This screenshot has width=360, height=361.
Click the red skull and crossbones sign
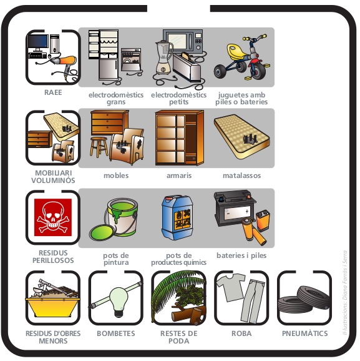[x=53, y=217]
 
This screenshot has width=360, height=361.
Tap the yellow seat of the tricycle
[x=237, y=51]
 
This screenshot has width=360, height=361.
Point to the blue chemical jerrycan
[x=177, y=217]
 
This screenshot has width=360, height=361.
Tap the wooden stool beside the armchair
[x=99, y=147]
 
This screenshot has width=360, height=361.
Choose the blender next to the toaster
[x=164, y=57]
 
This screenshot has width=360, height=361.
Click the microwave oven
[x=183, y=41]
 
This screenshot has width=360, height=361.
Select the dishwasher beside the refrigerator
[x=131, y=59]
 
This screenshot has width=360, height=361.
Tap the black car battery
[x=235, y=208]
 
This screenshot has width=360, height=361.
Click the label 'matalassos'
[x=241, y=176]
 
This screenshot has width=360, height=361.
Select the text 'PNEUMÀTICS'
[x=305, y=333]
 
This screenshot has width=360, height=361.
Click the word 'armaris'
[x=179, y=176]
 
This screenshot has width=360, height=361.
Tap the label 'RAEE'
[x=53, y=92]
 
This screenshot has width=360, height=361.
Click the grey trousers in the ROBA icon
[x=253, y=300]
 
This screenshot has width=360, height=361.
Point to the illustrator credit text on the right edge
[x=344, y=292]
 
